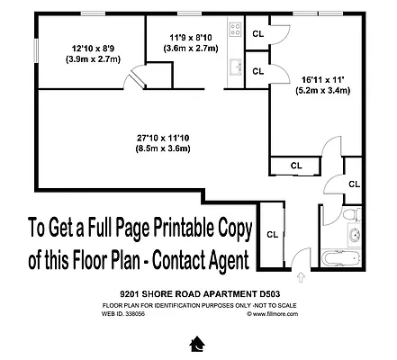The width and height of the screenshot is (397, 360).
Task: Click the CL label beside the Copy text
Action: (272, 235)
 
